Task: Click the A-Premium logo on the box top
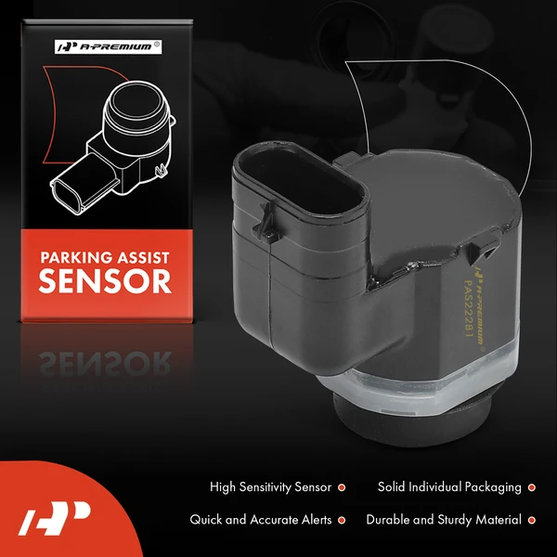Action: pos(109,47)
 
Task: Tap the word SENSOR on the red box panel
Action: pos(105,281)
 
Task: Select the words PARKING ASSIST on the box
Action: pos(105,257)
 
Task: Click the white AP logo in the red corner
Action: pos(55,518)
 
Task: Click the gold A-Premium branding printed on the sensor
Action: pos(480,304)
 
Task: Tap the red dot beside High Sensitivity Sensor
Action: pos(342,487)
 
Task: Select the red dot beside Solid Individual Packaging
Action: pos(531,487)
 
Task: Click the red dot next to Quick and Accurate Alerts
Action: pos(342,521)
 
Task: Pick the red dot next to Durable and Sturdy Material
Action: pos(531,521)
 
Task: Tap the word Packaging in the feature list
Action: pos(493,487)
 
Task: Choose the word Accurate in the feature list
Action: pos(274,520)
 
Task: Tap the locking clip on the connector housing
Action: pos(266,223)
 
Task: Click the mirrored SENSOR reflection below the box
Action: pos(105,363)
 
